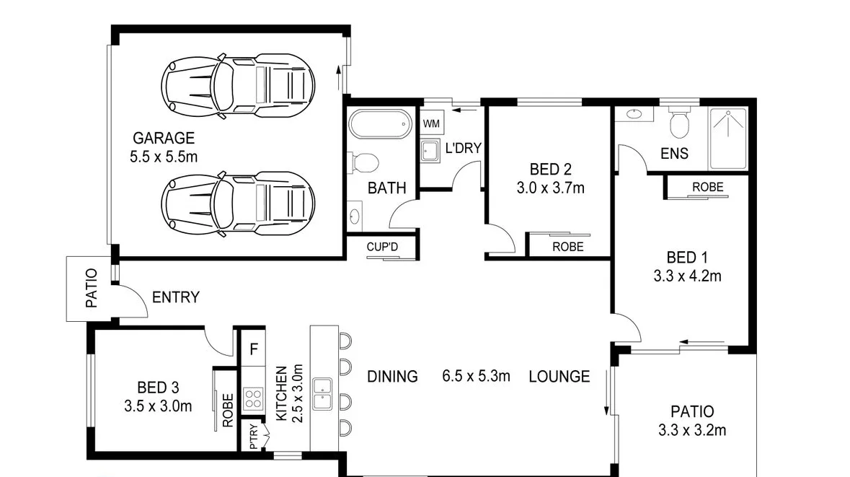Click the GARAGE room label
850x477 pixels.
(163, 138)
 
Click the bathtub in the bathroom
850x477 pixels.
(378, 124)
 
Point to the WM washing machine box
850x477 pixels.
(431, 123)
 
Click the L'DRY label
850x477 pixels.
(463, 149)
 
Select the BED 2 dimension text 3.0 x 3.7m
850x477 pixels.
(550, 188)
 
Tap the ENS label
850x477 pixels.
(674, 154)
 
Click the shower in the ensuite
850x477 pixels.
(728, 139)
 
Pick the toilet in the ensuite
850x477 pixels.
(679, 125)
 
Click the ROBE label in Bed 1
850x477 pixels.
(707, 187)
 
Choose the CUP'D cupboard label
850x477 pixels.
(382, 247)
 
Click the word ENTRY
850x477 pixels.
(176, 297)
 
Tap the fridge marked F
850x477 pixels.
(253, 350)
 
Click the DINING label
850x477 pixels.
(392, 377)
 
